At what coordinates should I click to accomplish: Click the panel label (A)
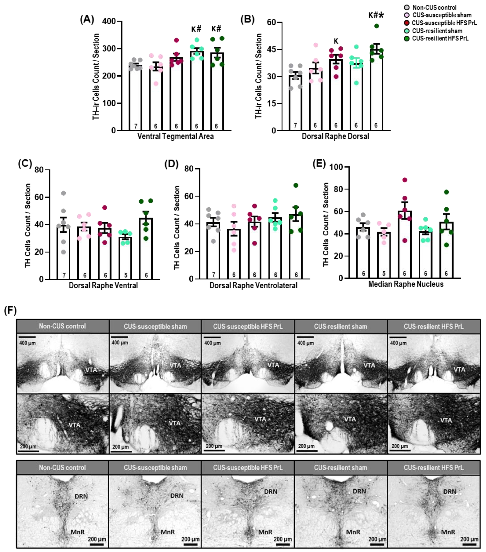click(87, 20)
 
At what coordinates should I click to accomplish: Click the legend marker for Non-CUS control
click(407, 8)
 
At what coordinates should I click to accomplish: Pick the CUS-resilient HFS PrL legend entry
click(440, 38)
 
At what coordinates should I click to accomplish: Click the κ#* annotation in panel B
click(376, 15)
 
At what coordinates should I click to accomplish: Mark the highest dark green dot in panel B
click(377, 26)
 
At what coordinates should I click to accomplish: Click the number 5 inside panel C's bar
click(126, 275)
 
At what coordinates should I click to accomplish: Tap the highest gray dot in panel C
click(64, 193)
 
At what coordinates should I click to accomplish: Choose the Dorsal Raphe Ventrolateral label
click(253, 285)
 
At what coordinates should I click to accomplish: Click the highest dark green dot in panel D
click(296, 185)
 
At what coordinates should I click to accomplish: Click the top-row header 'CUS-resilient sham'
click(340, 327)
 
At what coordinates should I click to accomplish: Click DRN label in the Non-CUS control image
click(81, 496)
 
